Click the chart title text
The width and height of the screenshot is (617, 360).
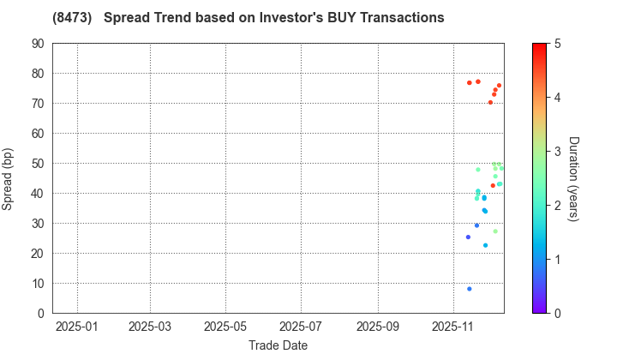pos(249,17)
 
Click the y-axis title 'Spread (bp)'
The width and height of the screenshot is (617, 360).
pos(8,178)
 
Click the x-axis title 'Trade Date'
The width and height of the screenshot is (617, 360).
pos(278,345)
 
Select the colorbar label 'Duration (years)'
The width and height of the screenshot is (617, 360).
pos(573,178)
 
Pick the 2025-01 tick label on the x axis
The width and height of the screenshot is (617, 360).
pos(77,327)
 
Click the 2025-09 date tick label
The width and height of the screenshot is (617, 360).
pos(378,327)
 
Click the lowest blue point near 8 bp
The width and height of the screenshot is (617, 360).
pos(470,289)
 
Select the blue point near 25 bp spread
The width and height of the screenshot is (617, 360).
pos(468,237)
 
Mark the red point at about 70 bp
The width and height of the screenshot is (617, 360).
pos(490,103)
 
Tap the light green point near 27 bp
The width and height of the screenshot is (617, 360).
pos(495,231)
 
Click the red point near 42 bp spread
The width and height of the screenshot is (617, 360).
pos(493,186)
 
